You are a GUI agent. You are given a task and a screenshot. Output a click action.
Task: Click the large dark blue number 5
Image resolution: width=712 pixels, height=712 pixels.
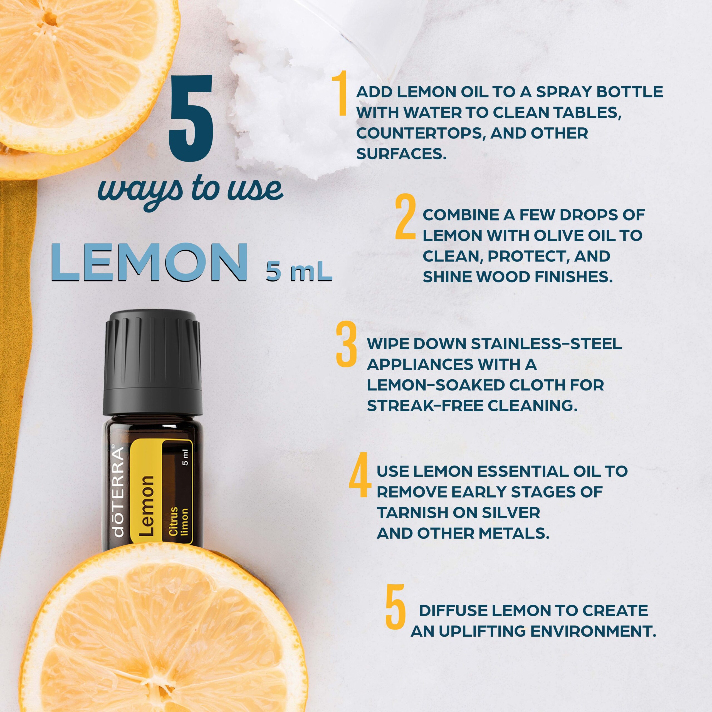(x=191, y=119)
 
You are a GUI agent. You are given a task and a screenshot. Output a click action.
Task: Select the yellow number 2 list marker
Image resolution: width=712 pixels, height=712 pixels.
(x=406, y=217)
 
